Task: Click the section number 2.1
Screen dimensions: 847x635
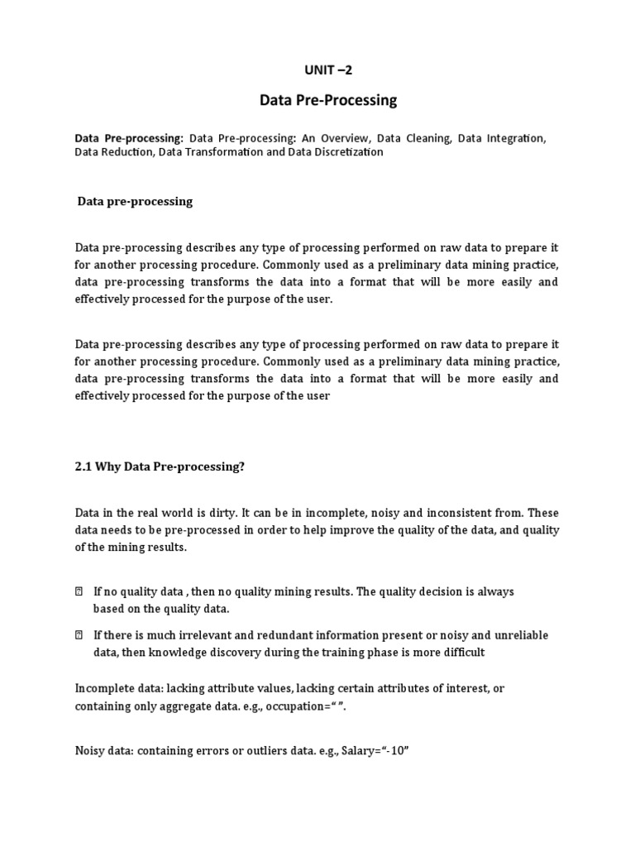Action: point(84,467)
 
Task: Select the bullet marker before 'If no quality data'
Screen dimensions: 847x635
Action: point(79,592)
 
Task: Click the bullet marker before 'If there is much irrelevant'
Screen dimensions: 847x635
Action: point(79,636)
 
